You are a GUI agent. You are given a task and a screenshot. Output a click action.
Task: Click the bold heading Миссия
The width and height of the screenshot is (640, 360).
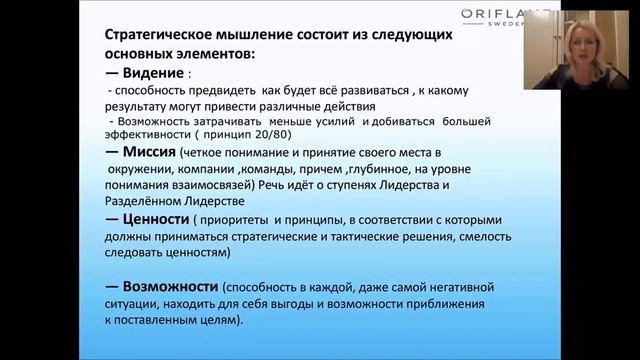(148, 151)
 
